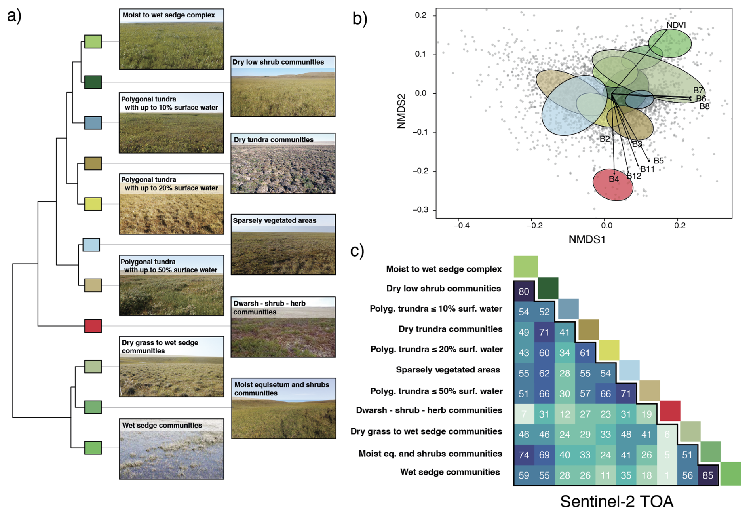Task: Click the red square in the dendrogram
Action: coord(93,326)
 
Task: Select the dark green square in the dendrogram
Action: coord(93,82)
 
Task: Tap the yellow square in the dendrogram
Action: coord(93,204)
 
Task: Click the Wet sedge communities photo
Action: coord(171,453)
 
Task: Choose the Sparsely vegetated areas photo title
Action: coord(274,220)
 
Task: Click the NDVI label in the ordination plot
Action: coord(676,25)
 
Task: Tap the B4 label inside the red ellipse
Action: coord(614,179)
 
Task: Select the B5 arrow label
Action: coord(658,161)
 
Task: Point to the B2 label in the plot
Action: coord(605,139)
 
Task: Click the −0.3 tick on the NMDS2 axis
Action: coord(420,210)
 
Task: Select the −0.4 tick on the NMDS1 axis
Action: coord(461,226)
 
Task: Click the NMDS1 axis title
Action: coord(587,239)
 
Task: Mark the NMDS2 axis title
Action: coord(401,111)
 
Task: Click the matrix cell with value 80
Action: coord(523,292)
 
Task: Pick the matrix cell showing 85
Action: coord(707,475)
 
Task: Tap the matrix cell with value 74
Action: coord(523,455)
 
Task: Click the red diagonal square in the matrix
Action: coord(670,410)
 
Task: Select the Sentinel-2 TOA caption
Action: coord(616,502)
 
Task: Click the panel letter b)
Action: coord(359,18)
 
